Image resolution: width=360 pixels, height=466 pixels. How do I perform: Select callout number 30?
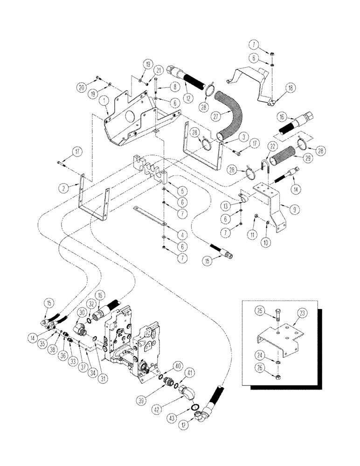pyautogui.click(x=81, y=313)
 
